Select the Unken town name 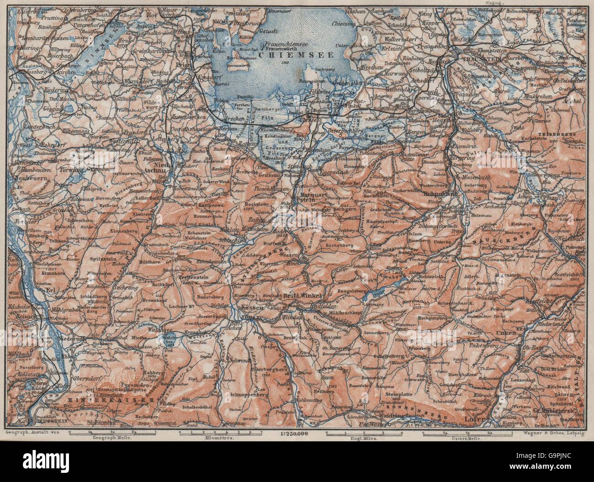(x=520, y=334)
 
